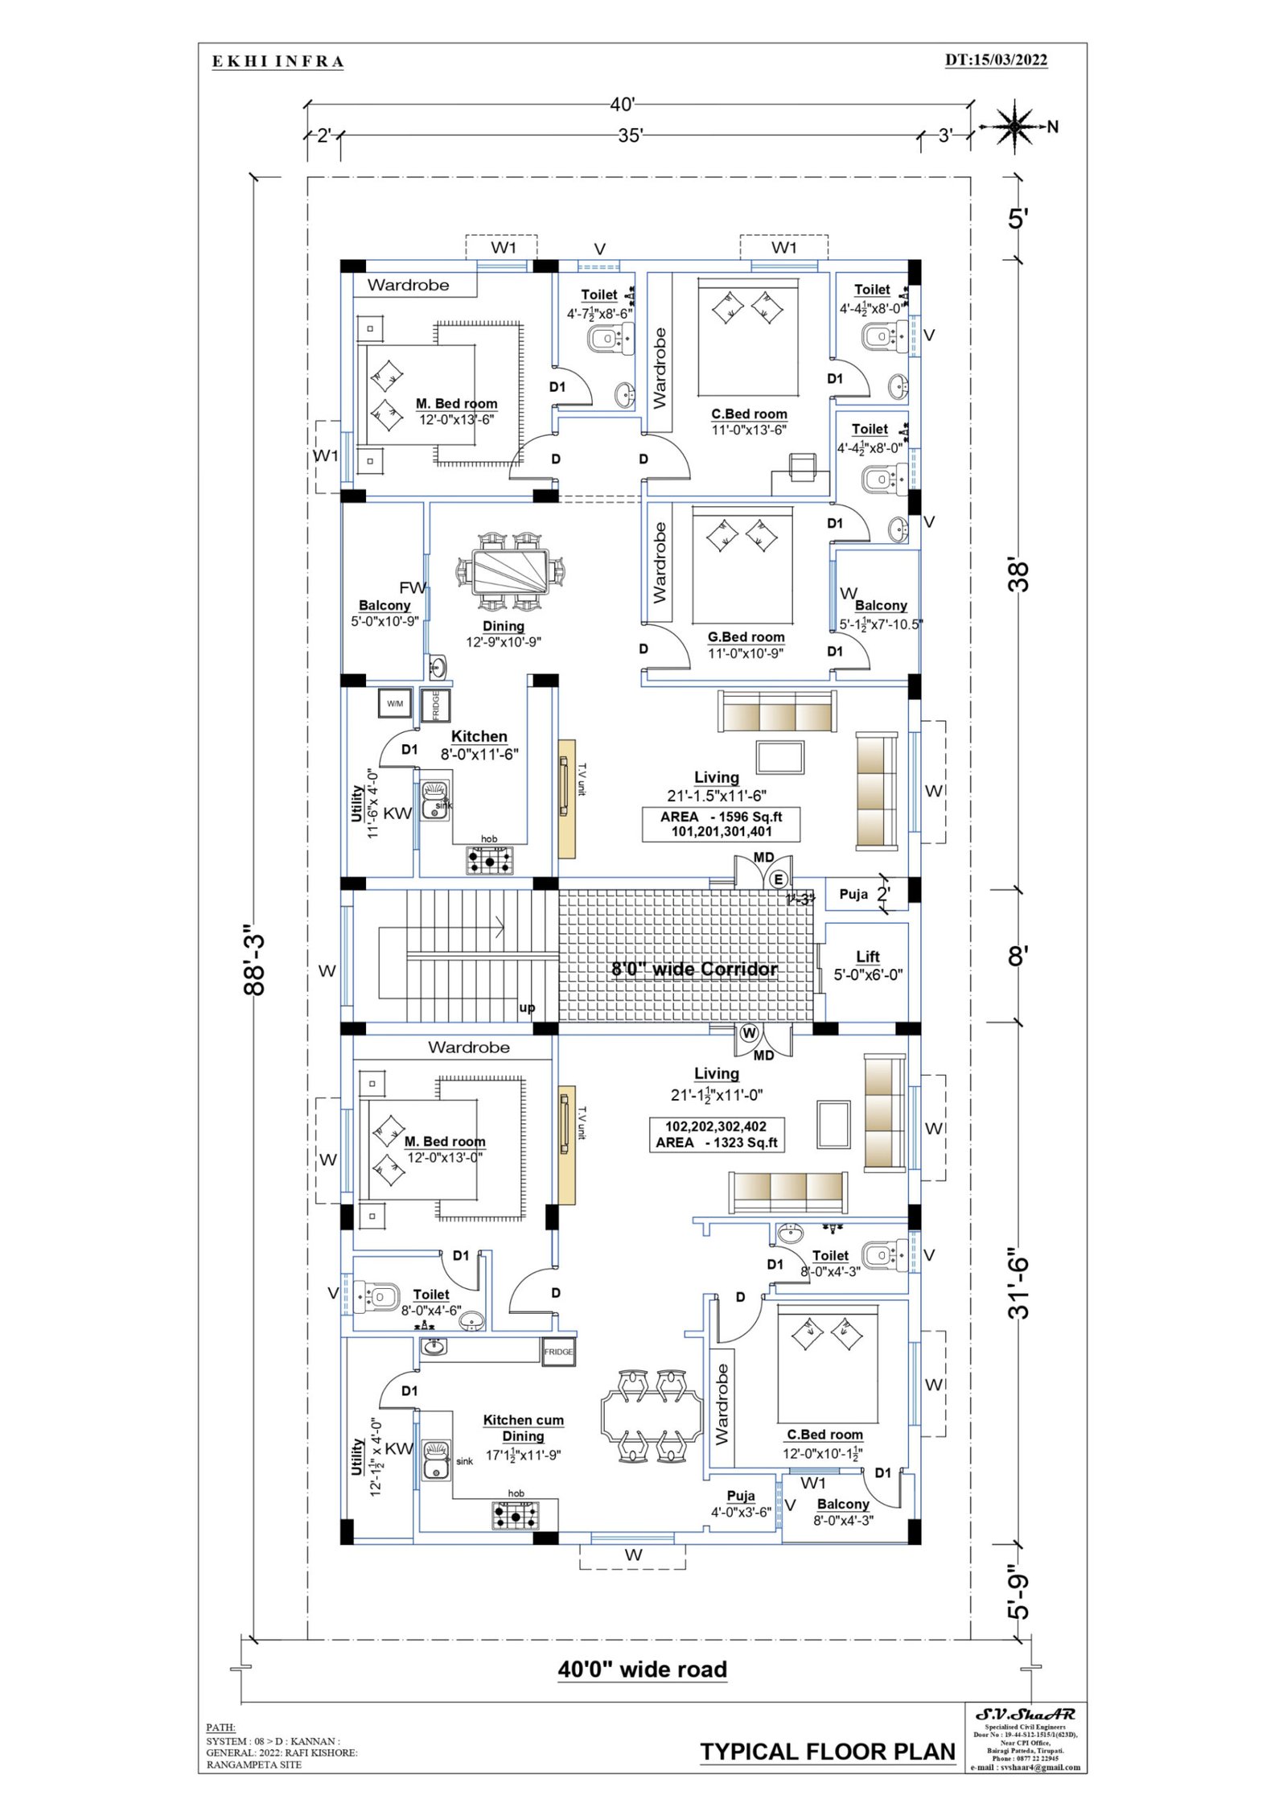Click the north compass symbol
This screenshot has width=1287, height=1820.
coord(1015,126)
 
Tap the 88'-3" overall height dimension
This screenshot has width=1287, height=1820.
coord(254,959)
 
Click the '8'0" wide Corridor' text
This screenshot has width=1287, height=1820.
coord(694,969)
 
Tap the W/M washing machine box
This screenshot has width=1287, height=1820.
coord(395,703)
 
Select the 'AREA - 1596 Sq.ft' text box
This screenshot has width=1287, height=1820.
coord(721,824)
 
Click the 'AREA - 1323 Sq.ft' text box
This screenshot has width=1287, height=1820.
coord(716,1134)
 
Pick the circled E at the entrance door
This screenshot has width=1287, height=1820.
coord(778,879)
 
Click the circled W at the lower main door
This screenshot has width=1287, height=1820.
coord(749,1032)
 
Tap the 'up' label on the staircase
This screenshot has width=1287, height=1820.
coord(527,1007)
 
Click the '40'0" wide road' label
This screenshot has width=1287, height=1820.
coord(642,1670)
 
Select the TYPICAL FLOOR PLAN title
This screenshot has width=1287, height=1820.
coord(827,1752)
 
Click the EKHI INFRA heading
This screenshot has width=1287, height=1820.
coord(278,62)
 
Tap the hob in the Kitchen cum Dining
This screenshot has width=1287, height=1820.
coord(516,1517)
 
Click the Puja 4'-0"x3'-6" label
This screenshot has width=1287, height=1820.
coord(741,1504)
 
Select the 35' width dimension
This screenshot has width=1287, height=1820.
coord(630,135)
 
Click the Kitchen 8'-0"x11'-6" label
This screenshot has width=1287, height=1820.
coord(479,745)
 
